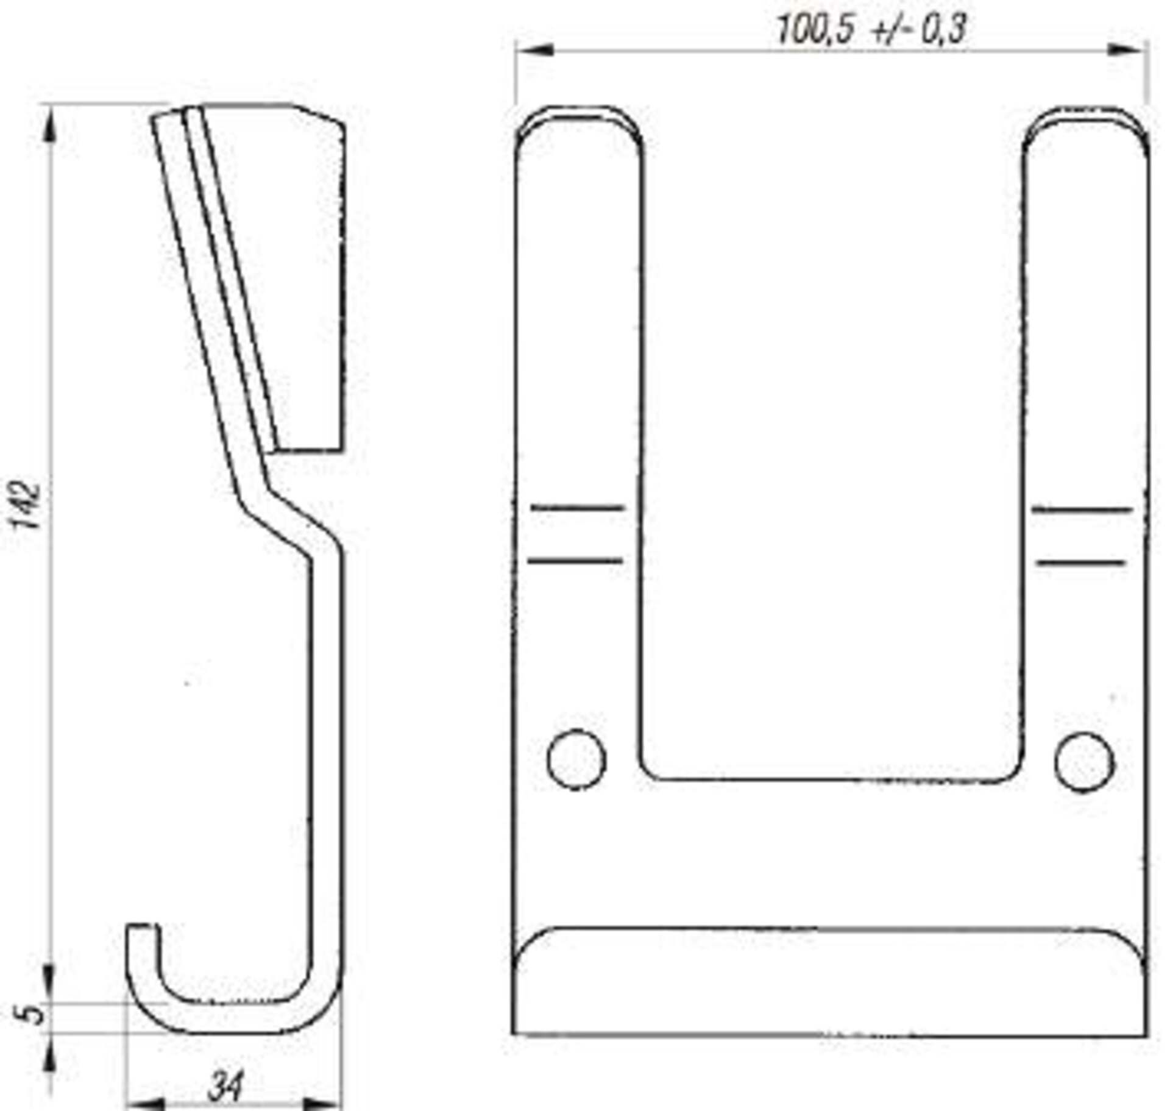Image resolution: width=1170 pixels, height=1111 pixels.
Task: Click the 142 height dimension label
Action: [x=28, y=506]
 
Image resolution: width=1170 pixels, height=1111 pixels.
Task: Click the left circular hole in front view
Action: [x=576, y=759]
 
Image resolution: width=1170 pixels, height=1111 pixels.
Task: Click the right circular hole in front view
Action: [x=1084, y=762]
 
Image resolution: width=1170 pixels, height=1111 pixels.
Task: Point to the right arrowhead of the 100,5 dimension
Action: [x=1127, y=50]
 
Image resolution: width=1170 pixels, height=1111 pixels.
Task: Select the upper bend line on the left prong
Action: [x=578, y=507]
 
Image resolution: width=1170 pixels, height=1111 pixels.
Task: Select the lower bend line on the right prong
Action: [x=1080, y=563]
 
